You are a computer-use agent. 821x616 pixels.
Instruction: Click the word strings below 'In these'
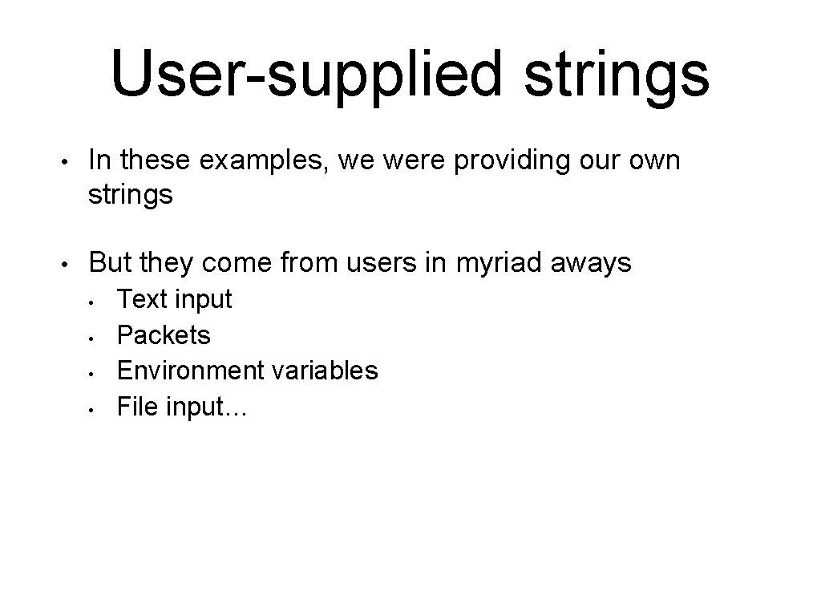click(x=130, y=195)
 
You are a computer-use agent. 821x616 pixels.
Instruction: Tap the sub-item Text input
click(x=174, y=299)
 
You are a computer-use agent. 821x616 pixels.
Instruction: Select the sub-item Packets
click(x=164, y=334)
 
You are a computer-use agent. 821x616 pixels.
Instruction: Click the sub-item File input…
click(x=182, y=407)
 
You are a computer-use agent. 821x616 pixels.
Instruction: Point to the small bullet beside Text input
click(x=93, y=302)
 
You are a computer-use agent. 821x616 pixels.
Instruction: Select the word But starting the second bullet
click(x=110, y=262)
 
